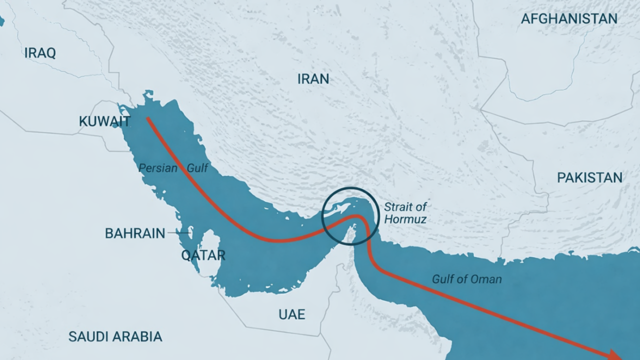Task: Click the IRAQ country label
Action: (40, 53)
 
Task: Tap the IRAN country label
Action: (313, 79)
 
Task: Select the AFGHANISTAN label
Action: (569, 19)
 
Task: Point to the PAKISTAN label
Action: (589, 177)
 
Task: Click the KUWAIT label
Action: (104, 121)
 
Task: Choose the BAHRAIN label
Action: (135, 233)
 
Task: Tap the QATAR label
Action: (203, 255)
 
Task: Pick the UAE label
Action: (291, 314)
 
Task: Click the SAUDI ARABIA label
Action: (115, 336)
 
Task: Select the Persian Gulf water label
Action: (173, 168)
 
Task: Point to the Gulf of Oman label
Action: (466, 279)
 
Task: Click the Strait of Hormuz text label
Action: (405, 212)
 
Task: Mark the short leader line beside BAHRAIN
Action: (178, 232)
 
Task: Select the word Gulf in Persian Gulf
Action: (197, 168)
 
